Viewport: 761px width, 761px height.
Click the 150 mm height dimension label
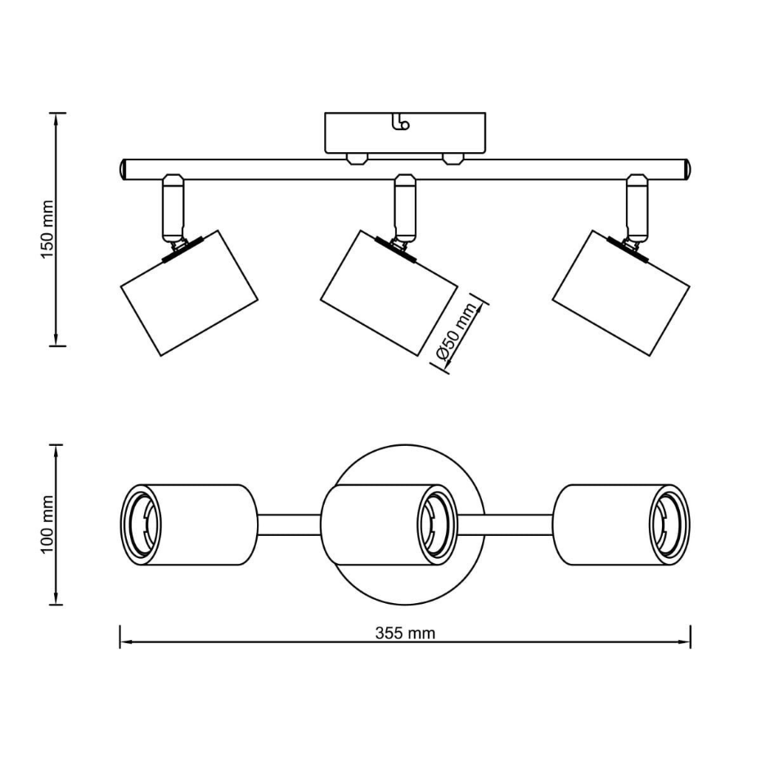[x=47, y=229]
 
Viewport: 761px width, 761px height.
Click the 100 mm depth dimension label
[x=47, y=525]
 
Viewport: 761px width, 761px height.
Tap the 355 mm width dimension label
[x=405, y=633]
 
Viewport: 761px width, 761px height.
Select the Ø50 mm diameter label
[x=456, y=331]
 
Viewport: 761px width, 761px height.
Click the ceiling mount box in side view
[x=405, y=133]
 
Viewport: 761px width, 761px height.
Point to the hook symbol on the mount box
[x=401, y=122]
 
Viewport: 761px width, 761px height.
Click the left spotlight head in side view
[x=189, y=293]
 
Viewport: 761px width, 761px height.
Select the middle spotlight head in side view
[x=389, y=293]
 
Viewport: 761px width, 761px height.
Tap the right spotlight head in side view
[x=621, y=293]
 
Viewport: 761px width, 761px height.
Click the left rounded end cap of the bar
[x=124, y=169]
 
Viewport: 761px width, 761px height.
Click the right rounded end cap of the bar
[x=687, y=169]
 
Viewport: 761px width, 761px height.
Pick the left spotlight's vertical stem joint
[x=173, y=208]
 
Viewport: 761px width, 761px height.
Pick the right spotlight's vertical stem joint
[x=637, y=208]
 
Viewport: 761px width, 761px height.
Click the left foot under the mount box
[x=358, y=160]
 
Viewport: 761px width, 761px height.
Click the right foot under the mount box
[x=453, y=160]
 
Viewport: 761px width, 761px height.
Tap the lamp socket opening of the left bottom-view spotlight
[x=141, y=525]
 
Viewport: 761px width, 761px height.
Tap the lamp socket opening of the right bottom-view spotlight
[x=669, y=525]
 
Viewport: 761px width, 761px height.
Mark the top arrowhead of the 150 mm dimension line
[x=56, y=119]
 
